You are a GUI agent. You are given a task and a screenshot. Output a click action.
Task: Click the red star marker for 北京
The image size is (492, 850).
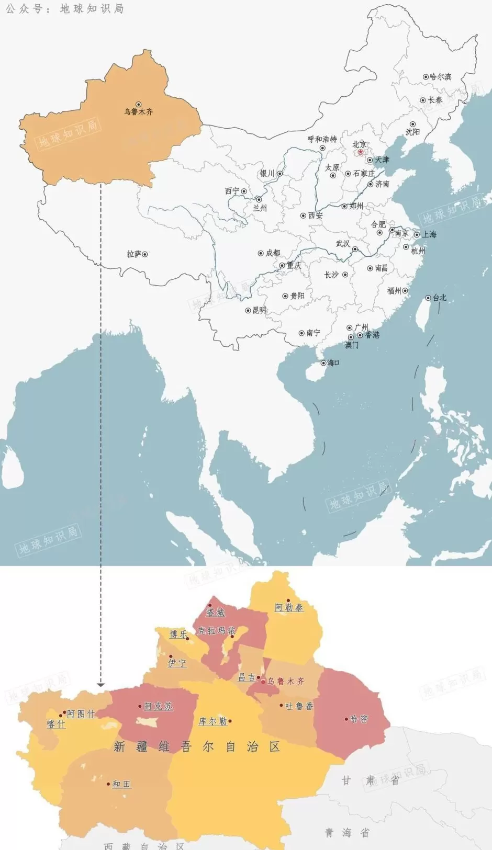[x=360, y=152]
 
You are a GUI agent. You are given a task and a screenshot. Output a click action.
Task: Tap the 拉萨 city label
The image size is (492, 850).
[x=134, y=254]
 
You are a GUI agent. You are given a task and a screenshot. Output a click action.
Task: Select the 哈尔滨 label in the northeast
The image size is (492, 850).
[x=440, y=77]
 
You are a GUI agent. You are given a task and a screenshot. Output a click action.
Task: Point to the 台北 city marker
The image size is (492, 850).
[x=428, y=298]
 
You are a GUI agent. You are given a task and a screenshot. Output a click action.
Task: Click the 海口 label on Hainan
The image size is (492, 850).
[x=333, y=362]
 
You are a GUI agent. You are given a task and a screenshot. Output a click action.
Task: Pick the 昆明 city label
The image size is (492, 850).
[x=259, y=310]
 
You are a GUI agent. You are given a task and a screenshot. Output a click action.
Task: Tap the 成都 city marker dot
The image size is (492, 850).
[x=261, y=253]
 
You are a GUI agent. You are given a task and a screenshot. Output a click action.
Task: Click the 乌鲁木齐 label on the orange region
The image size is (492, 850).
[x=139, y=111]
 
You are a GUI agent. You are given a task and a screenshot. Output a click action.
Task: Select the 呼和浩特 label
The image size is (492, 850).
[x=322, y=139]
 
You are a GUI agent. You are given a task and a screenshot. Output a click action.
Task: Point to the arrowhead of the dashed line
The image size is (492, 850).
[x=101, y=685]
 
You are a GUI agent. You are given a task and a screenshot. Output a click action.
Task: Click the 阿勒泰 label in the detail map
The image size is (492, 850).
[x=289, y=607]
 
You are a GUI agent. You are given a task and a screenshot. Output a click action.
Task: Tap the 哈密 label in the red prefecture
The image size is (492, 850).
[x=359, y=719]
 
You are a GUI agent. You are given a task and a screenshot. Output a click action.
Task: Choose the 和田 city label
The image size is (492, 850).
[x=121, y=784]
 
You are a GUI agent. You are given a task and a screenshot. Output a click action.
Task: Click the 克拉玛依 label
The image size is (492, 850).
[x=217, y=630]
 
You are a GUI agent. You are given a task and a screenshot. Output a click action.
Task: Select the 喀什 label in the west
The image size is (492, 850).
[x=56, y=724]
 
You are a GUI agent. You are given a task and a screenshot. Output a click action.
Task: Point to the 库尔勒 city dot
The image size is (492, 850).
[x=230, y=721]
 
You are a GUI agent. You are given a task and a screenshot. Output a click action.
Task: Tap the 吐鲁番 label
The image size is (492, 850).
[x=299, y=706]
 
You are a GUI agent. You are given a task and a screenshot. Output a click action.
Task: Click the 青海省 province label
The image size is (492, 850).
[x=347, y=833]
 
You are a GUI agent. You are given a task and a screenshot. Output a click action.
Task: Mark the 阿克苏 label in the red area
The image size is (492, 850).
[x=158, y=706]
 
